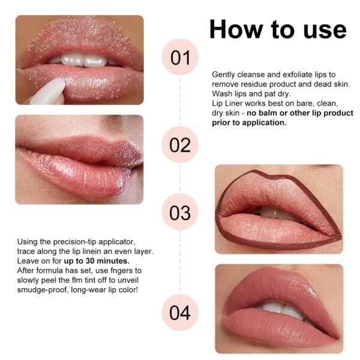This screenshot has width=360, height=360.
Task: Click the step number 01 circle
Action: point(180,57)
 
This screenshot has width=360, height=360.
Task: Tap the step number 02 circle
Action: point(180,145)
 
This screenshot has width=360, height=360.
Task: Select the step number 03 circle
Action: point(180,212)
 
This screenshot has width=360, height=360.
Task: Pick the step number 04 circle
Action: point(180,312)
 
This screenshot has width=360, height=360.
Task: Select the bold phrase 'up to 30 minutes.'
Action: point(97,261)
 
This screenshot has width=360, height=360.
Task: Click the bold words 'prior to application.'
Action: point(249,122)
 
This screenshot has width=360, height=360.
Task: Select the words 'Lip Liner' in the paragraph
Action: point(227,104)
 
